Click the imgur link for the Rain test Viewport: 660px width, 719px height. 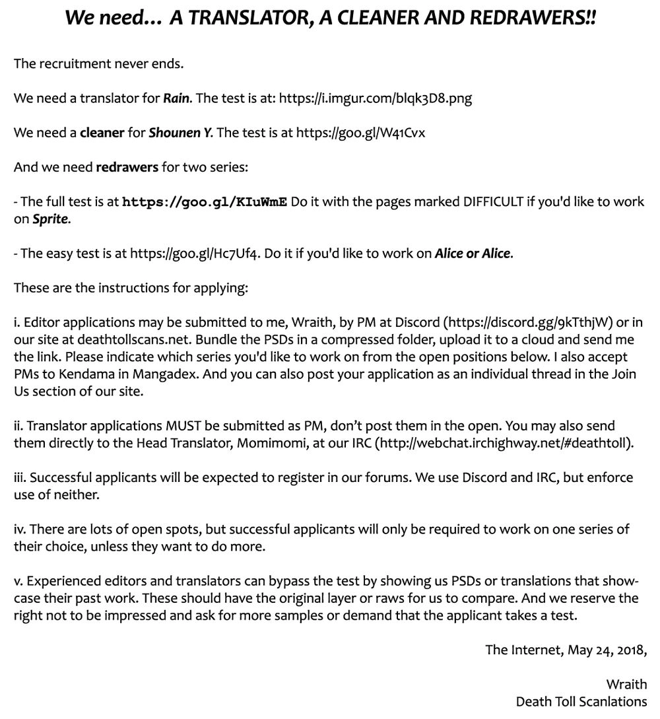[376, 99]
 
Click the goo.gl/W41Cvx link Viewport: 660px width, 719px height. [361, 133]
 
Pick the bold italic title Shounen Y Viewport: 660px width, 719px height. [180, 133]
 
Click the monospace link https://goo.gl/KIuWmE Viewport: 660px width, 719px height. [205, 202]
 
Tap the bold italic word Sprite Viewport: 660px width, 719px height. [51, 219]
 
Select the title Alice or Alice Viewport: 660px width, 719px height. [473, 254]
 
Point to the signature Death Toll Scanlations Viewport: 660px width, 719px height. [581, 701]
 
